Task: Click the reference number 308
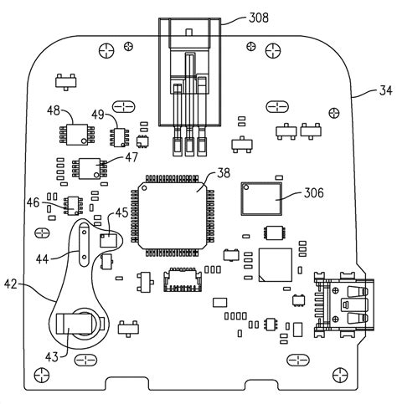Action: pos(259,18)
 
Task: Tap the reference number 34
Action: pos(385,91)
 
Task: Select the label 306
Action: pos(313,193)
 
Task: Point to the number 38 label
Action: pos(224,173)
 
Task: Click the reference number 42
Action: pos(11,284)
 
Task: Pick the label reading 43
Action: pos(52,357)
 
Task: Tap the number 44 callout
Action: pos(42,259)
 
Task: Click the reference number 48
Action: pos(54,110)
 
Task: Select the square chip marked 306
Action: pos(261,199)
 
